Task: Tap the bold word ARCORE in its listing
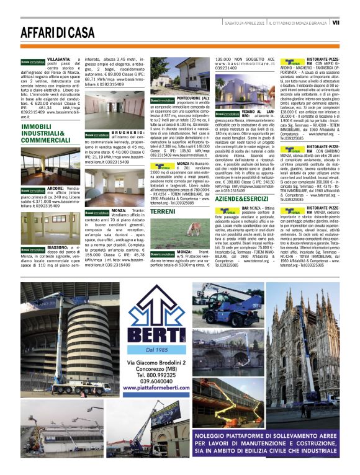[55, 188]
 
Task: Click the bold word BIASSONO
[58, 246]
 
